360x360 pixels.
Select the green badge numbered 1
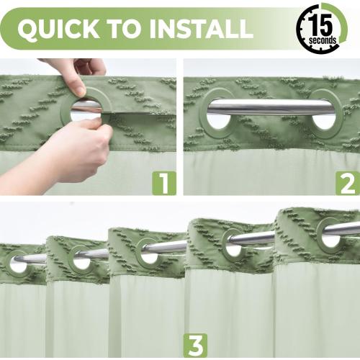[x=163, y=183]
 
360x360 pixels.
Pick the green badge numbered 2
[x=347, y=183]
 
